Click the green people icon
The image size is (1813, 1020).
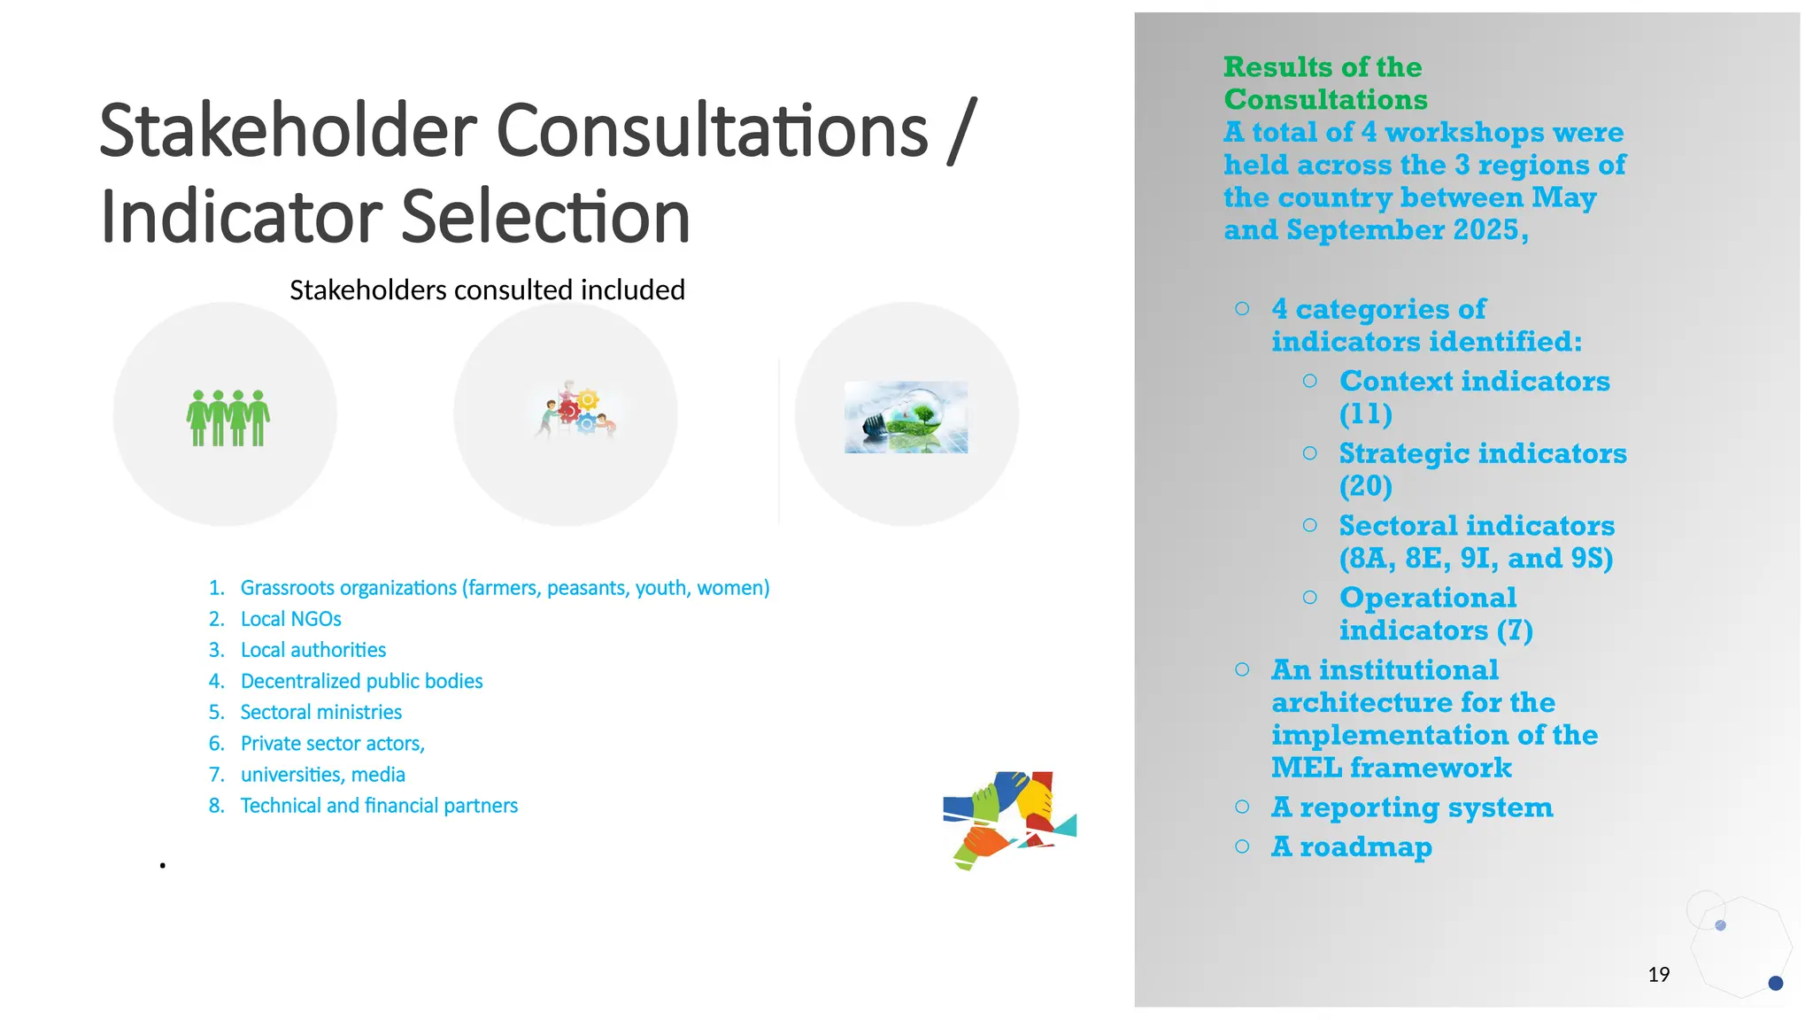[x=228, y=418]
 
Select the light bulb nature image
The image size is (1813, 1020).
[x=906, y=417]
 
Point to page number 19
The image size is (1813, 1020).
[x=1658, y=975]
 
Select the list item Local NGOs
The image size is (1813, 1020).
[x=290, y=619]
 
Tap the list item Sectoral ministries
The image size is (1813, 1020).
[x=320, y=712]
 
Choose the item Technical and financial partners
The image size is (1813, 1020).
[x=379, y=806]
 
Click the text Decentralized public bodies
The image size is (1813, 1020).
[x=361, y=681]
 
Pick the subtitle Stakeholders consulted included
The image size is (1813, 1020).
[x=487, y=290]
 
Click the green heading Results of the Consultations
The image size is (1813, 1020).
[x=1324, y=83]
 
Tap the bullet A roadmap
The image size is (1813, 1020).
[x=1351, y=846]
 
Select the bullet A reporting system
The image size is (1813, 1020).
[x=1411, y=807]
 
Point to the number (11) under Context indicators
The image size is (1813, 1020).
[x=1365, y=413]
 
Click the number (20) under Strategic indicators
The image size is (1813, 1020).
[x=1365, y=486]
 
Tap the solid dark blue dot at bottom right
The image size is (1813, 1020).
[x=1775, y=983]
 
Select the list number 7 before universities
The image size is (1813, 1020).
[x=216, y=775]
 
